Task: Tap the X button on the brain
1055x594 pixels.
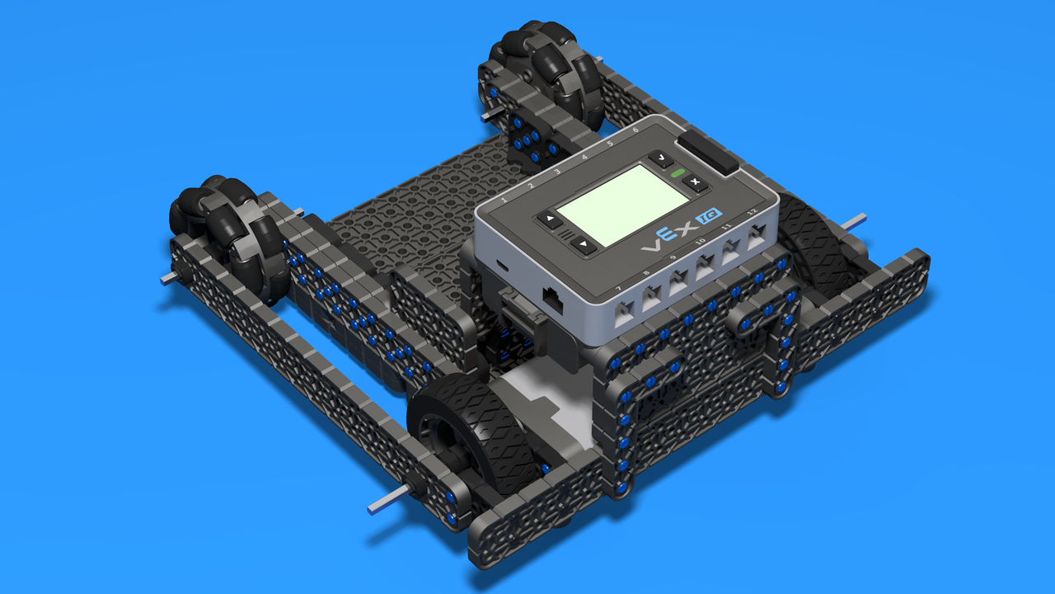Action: (695, 182)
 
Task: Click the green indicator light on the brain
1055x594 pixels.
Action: (678, 173)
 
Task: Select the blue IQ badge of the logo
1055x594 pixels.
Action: (709, 216)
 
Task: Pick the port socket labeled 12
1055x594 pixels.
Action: (757, 236)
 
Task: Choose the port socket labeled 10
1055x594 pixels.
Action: (705, 266)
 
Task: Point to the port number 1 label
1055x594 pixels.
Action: (504, 200)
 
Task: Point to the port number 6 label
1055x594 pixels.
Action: (635, 130)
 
